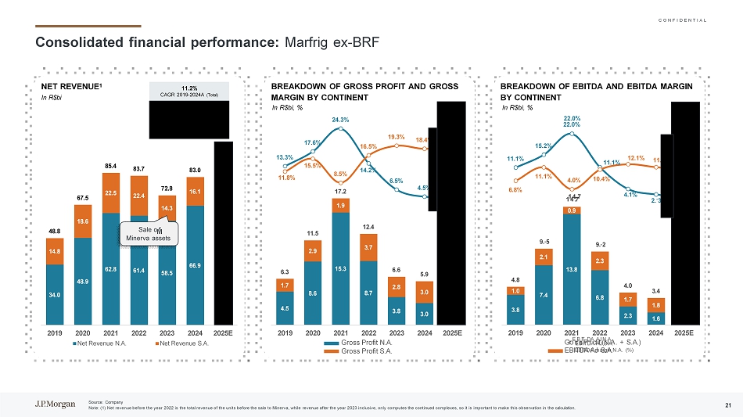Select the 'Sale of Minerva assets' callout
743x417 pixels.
tap(149, 233)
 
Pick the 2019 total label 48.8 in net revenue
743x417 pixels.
tap(55, 232)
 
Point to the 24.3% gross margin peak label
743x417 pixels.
tap(340, 119)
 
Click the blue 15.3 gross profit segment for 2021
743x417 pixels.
tap(341, 268)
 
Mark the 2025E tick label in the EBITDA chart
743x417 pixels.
tap(683, 332)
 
